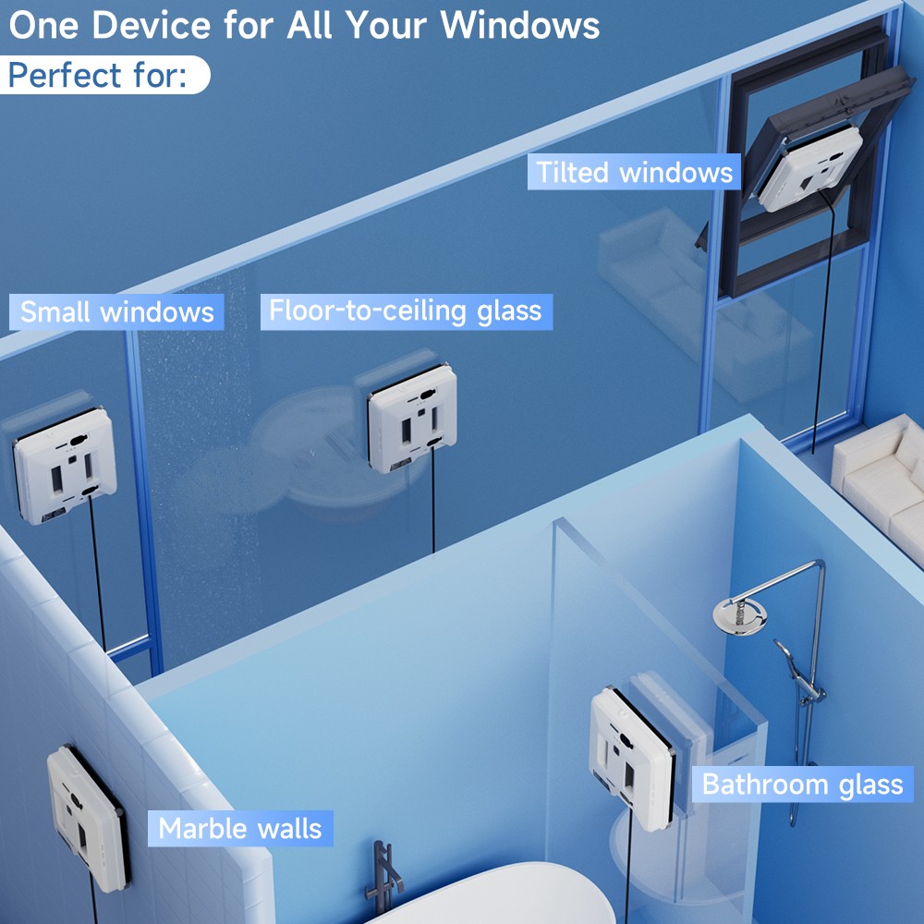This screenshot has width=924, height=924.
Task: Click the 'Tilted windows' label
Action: tap(634, 173)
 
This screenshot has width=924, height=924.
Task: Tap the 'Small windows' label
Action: tap(116, 312)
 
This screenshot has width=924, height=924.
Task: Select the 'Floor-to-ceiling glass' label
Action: tap(405, 311)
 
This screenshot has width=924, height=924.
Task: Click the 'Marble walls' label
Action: tap(239, 828)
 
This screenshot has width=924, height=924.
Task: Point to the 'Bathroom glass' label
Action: tap(802, 784)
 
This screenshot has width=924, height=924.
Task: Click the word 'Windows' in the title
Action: tap(519, 25)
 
